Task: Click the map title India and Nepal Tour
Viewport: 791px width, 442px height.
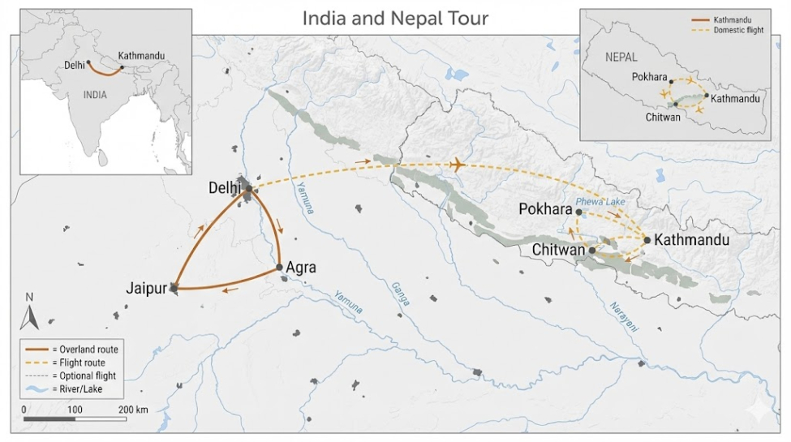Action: pos(395,17)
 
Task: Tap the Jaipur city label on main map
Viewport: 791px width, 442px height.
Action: pos(147,288)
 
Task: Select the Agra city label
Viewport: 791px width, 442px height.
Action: pos(301,267)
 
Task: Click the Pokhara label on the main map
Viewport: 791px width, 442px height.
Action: pos(545,209)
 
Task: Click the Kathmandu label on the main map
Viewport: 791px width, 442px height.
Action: pos(691,240)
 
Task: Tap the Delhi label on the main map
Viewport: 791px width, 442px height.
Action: pos(225,188)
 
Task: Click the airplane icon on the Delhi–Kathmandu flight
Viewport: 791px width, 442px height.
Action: pos(456,165)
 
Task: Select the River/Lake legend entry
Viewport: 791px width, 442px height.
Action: pos(75,389)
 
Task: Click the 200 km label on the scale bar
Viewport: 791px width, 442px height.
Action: pos(132,410)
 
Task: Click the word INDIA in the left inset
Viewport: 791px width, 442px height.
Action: pos(95,94)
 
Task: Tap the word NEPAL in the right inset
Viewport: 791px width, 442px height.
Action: pos(621,57)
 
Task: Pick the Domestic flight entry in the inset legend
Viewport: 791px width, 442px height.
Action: pos(737,30)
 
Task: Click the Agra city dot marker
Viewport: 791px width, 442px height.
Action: pos(279,267)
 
